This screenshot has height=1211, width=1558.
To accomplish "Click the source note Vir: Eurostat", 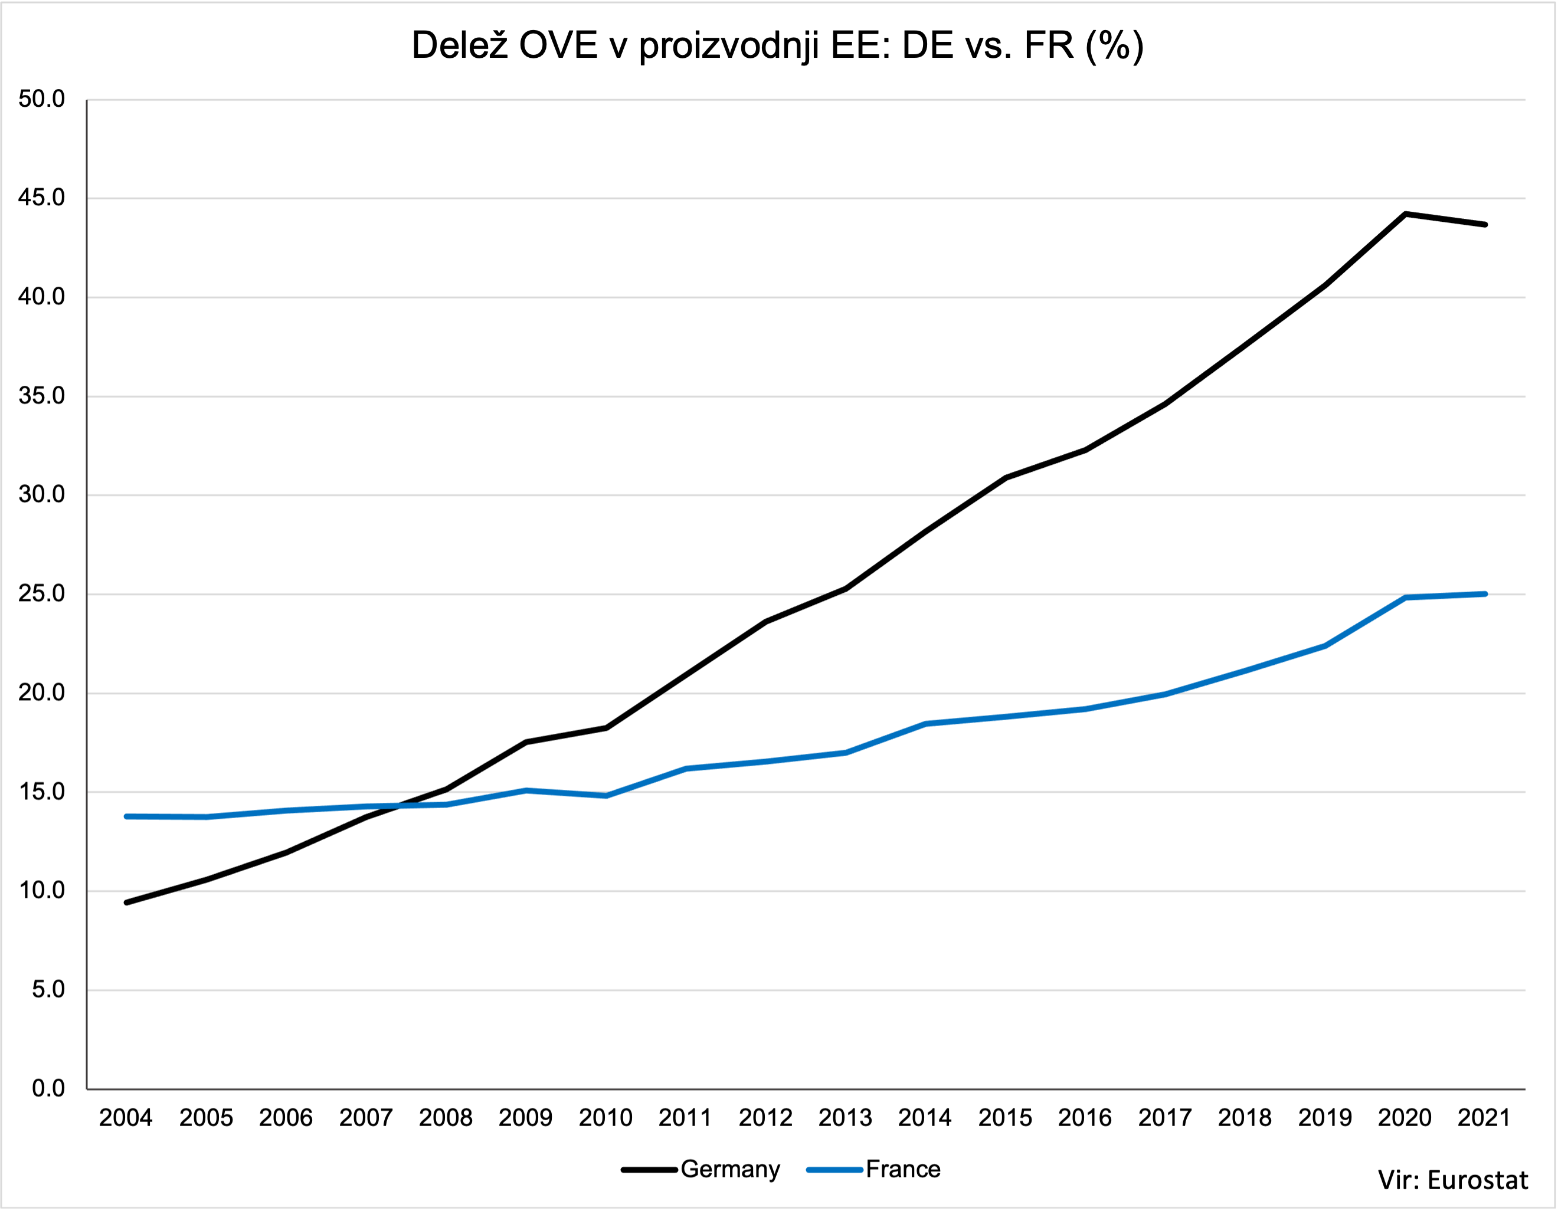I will (x=1452, y=1180).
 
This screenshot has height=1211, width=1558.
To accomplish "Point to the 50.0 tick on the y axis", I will (x=41, y=99).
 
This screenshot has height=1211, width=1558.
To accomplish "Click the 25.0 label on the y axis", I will (x=41, y=593).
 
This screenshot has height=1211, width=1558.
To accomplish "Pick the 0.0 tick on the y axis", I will (x=48, y=1088).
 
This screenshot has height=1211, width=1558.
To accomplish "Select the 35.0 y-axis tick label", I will (x=41, y=396).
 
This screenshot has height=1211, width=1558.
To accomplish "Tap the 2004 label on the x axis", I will (x=126, y=1118).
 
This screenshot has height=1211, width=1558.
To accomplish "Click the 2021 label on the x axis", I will (x=1484, y=1118).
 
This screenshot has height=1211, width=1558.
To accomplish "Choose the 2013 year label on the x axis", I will (x=845, y=1118).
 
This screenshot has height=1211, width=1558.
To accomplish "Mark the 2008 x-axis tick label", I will (x=445, y=1118).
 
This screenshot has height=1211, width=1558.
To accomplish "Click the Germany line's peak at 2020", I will (x=1405, y=214).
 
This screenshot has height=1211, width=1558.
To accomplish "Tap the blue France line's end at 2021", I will (x=1484, y=593).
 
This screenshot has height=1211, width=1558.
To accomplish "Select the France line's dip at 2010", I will (x=606, y=795).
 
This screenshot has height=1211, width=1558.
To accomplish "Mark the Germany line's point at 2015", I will (x=1005, y=478).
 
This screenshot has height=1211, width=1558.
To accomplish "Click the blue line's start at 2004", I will (x=126, y=816).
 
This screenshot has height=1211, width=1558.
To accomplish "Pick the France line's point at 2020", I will (x=1405, y=597).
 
